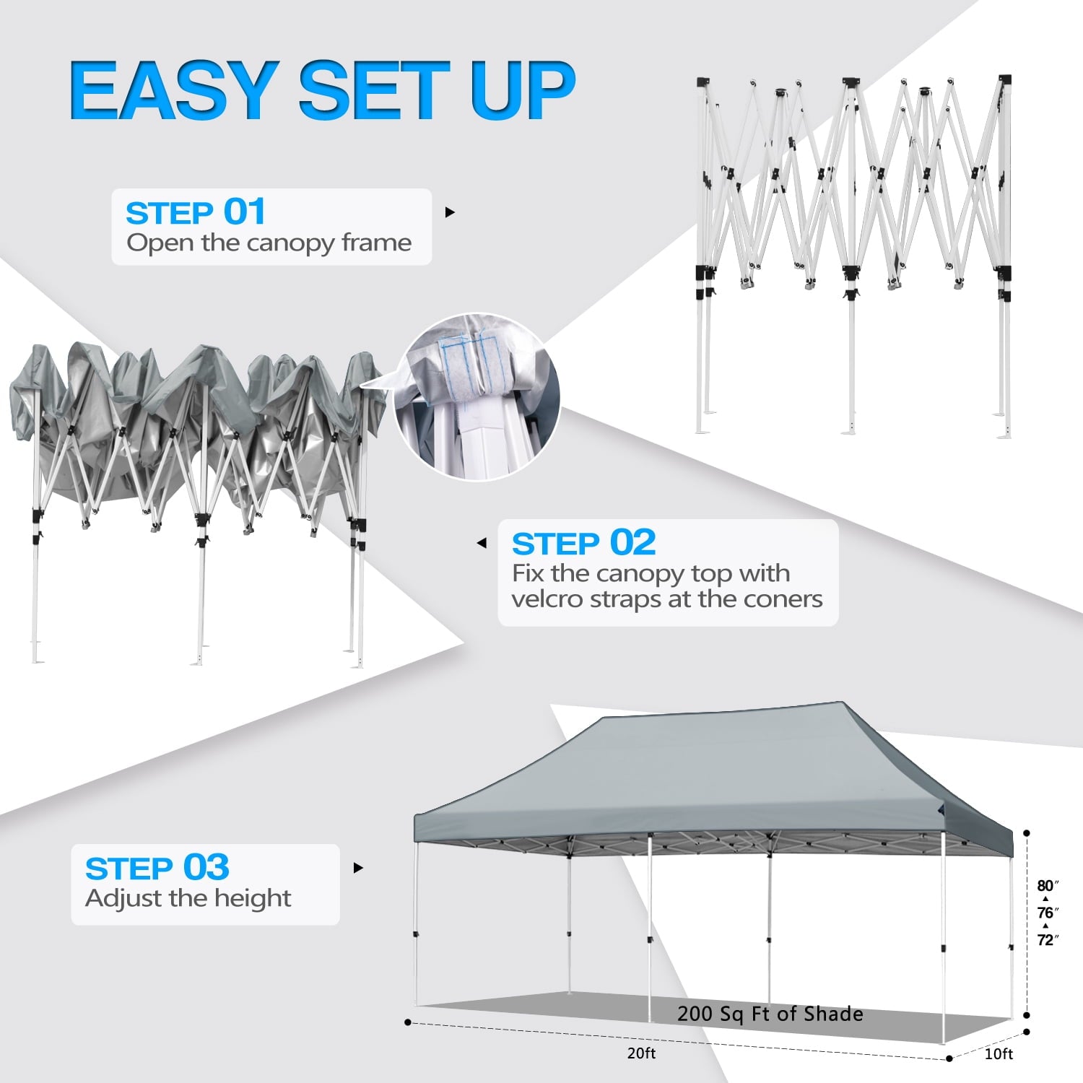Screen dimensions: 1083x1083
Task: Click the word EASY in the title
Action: (174, 90)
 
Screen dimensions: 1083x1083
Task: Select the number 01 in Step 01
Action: (245, 212)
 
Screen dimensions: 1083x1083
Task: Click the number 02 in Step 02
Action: (632, 542)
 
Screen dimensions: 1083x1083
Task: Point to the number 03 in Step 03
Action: (206, 867)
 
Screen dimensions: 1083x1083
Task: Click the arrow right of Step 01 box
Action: (450, 212)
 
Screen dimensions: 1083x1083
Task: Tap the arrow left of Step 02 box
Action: (482, 543)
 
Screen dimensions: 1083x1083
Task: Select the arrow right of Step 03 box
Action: (358, 868)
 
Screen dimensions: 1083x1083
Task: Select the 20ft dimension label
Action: (641, 1053)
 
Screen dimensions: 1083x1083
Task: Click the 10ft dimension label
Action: (999, 1054)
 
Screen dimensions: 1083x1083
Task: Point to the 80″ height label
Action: (1048, 886)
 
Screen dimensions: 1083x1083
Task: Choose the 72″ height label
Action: (1048, 940)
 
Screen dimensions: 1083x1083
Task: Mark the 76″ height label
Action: (1048, 913)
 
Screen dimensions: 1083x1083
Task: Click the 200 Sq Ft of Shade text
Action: (770, 1014)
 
